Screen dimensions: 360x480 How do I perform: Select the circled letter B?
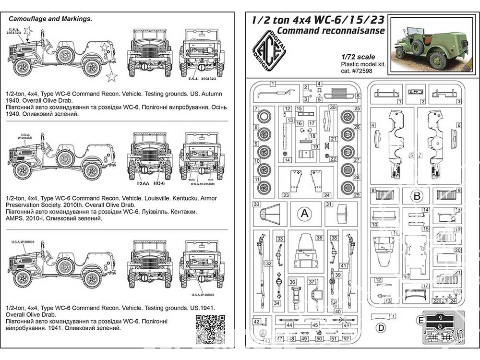point(417,195)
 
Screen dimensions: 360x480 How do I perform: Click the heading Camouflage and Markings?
point(50,19)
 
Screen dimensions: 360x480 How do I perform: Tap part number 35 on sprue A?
point(319,238)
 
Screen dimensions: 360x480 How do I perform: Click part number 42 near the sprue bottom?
point(257,321)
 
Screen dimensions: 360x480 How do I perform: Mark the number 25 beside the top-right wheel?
point(357,109)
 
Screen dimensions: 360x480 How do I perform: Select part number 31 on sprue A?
point(329,204)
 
